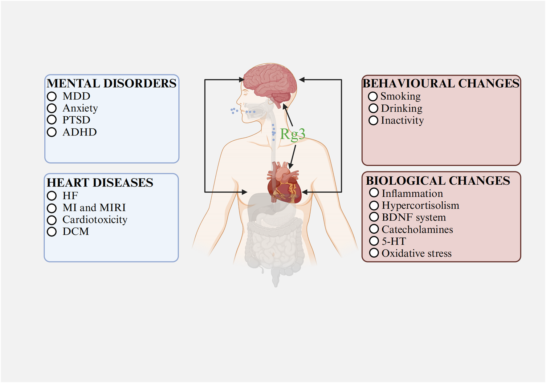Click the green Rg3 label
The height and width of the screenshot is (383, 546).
coord(293,134)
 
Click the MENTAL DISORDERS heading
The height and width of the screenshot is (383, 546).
coord(111,83)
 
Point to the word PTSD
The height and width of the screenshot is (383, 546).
coord(76,120)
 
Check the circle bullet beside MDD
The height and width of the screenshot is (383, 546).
coord(52,96)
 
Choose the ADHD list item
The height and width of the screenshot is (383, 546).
coord(80,132)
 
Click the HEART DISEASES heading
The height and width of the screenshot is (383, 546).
coord(100,182)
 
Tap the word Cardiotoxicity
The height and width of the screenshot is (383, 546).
coord(95,219)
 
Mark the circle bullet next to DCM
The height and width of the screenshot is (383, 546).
coord(52,231)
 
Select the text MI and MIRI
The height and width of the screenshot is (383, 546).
coord(94,207)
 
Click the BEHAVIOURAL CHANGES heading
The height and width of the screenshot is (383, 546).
coord(441,83)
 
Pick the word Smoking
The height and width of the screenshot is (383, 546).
coord(400,96)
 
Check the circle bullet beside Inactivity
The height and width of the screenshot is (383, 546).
coord(373,120)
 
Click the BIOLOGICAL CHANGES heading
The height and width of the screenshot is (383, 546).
coord(438,181)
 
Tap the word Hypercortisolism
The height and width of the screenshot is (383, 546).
coord(420,205)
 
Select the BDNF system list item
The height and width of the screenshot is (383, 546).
coord(414,217)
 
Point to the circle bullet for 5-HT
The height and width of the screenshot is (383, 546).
coord(374,241)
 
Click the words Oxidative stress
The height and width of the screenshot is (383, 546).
coord(416,253)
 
